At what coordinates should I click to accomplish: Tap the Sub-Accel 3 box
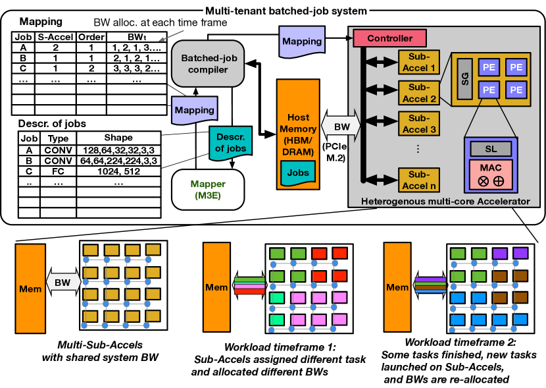pyautogui.click(x=418, y=123)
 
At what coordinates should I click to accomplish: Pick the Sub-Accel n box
pyautogui.click(x=418, y=179)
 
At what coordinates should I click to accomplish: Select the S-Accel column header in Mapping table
pyautogui.click(x=56, y=36)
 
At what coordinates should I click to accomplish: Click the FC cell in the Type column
pyautogui.click(x=58, y=172)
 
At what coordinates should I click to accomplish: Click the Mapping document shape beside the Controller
pyautogui.click(x=301, y=42)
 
